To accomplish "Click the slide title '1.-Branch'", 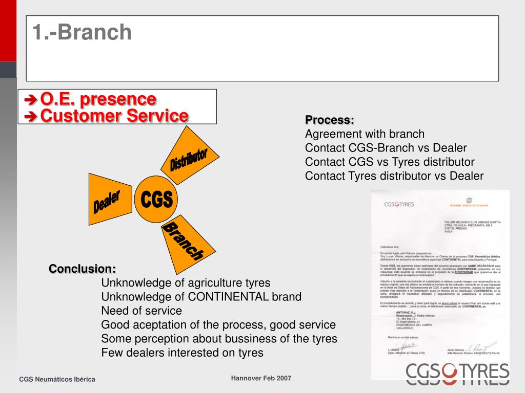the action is click(82, 32).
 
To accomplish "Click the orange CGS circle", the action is click(156, 199).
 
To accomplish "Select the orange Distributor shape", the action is click(188, 159).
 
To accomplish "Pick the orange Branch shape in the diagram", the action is click(184, 241).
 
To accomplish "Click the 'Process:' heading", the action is click(330, 120).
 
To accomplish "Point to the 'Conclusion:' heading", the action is click(83, 269).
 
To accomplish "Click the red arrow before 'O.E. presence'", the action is click(31, 99).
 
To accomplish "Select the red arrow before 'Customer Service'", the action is click(31, 117).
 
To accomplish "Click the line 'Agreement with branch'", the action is click(365, 134).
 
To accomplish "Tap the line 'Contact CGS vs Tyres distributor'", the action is click(390, 162).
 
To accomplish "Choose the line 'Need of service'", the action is click(142, 311).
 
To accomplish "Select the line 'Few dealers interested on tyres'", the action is click(182, 352).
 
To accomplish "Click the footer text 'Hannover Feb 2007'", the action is click(261, 378).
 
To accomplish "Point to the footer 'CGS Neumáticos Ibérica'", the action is click(57, 379).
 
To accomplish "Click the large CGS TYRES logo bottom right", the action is click(457, 373).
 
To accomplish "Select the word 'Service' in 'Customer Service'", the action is click(157, 116).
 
